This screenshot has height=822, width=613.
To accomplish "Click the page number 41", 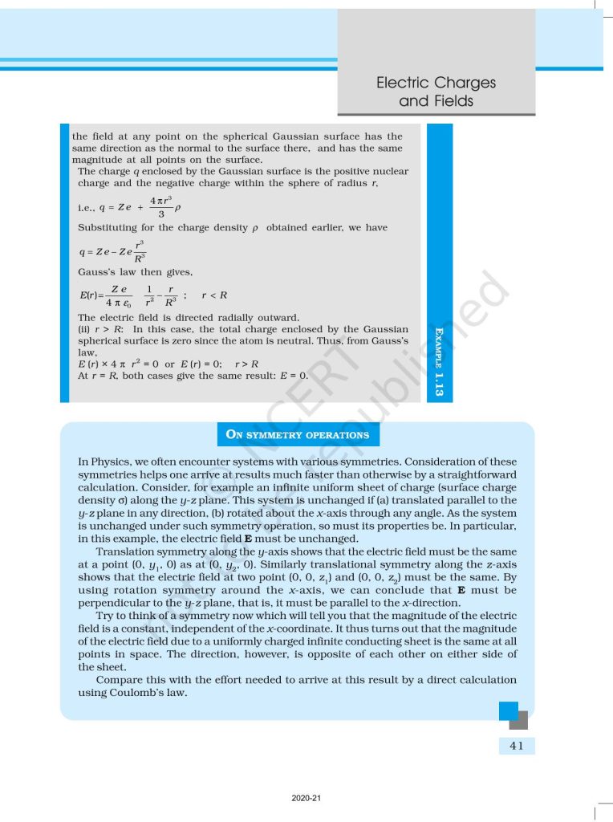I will (516, 746).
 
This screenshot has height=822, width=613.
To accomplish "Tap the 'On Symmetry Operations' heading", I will (298, 435).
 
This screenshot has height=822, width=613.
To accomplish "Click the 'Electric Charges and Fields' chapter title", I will (436, 92).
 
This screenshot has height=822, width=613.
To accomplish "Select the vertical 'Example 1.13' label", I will (438, 360).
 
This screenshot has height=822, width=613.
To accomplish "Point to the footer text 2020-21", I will (306, 798).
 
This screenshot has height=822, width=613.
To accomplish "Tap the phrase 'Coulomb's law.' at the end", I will (152, 693).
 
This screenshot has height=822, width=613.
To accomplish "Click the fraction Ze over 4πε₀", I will (121, 295).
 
